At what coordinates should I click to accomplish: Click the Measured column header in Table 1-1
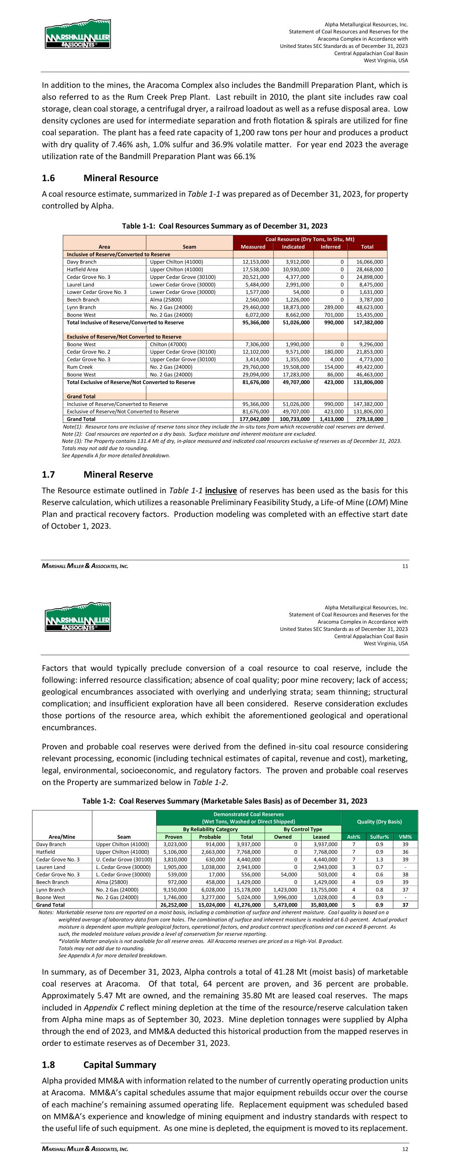(253, 247)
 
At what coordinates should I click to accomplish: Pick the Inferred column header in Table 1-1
(330, 247)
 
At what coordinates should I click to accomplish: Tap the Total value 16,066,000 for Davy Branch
(367, 262)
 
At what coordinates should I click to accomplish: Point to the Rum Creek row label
(80, 367)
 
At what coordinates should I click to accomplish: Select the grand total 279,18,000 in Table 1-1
(367, 419)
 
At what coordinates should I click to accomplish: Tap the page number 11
(405, 566)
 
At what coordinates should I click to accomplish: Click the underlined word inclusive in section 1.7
(221, 491)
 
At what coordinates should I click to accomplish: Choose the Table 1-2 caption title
(224, 801)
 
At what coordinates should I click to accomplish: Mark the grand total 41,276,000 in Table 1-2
(247, 905)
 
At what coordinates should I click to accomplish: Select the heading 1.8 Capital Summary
(99, 1065)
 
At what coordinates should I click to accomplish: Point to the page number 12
(405, 1149)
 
